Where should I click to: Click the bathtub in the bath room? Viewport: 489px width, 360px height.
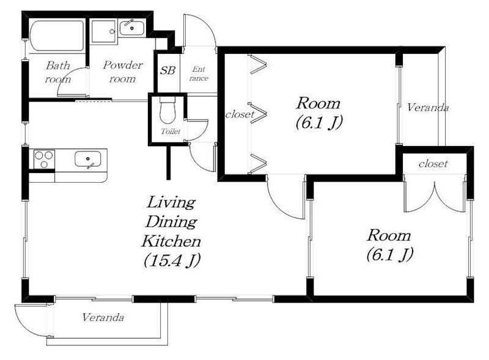[57, 35]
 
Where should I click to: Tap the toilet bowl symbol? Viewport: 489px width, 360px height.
[167, 110]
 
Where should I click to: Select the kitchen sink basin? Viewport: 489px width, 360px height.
[87, 159]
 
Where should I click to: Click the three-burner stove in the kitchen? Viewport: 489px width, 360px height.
[44, 159]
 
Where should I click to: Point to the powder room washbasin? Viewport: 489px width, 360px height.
[131, 28]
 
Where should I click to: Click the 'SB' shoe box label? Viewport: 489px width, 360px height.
[167, 70]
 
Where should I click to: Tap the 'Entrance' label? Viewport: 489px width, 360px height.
[199, 73]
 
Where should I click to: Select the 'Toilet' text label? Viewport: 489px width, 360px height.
[171, 131]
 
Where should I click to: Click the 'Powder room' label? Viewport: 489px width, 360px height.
[123, 72]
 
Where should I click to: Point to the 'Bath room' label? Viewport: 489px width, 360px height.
[57, 72]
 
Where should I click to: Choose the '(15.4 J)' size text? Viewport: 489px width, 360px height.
[172, 260]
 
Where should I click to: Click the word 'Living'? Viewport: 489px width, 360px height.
[171, 202]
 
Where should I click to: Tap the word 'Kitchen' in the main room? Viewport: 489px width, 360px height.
[171, 241]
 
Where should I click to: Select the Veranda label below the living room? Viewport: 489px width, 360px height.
[103, 317]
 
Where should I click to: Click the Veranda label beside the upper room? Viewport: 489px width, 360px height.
[427, 108]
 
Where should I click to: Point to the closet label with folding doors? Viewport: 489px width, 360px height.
[240, 114]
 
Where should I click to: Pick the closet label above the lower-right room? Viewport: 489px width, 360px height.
[433, 163]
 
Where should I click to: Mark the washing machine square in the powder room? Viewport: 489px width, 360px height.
[104, 32]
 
